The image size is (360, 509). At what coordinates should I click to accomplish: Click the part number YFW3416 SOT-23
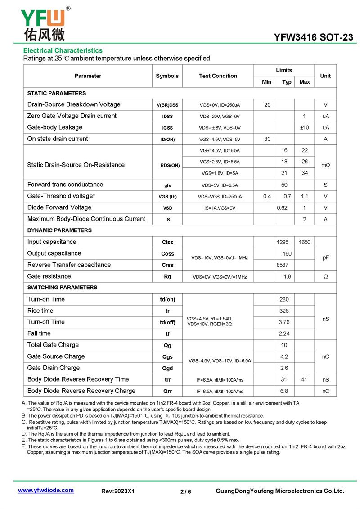coord(314,37)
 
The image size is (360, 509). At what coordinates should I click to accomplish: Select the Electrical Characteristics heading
coord(63,50)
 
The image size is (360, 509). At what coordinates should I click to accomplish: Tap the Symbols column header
coord(167,76)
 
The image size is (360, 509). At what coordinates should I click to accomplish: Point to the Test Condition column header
coord(218,76)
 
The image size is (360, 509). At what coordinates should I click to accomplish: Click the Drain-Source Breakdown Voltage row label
coord(74,104)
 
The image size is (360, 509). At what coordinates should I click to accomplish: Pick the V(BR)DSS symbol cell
coord(167,105)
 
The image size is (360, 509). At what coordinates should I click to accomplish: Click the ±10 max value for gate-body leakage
coord(305,128)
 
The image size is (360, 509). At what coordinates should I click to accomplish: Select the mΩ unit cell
coord(325,165)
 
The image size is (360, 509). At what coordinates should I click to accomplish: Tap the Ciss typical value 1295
coord(285,242)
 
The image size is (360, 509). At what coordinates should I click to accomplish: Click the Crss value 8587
coord(282,265)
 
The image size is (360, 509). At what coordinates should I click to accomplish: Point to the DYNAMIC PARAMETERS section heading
coord(59,230)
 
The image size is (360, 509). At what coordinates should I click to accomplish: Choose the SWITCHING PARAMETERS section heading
coord(62,288)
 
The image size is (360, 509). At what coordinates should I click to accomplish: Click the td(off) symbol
coord(167,322)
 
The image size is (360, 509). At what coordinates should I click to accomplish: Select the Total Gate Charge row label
coord(53,345)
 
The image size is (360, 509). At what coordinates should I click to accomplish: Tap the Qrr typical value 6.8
coord(284,391)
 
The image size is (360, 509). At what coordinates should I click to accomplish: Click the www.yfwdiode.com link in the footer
coord(45,490)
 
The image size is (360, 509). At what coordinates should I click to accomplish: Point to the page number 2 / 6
coord(186,491)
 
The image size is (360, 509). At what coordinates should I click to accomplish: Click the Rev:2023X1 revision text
coord(118,491)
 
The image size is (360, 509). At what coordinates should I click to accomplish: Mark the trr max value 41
coord(305,380)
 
